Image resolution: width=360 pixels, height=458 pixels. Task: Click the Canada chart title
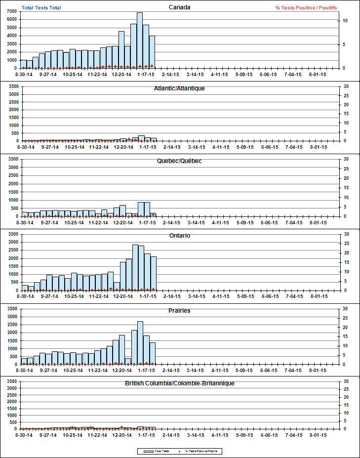point(179,7)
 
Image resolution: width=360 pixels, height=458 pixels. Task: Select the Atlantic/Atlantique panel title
point(179,88)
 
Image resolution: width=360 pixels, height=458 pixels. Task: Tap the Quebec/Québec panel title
point(179,161)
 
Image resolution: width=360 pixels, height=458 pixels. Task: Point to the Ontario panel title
point(179,236)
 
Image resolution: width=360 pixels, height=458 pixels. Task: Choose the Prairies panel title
point(179,311)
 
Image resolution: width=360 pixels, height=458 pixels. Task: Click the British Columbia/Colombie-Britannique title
point(179,383)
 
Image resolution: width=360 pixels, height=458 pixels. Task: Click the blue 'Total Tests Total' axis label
point(41,7)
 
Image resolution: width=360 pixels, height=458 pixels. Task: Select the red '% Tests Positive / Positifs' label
point(306,7)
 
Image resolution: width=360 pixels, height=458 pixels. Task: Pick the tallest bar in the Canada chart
point(140,41)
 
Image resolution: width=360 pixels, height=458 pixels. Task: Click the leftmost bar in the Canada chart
point(23,64)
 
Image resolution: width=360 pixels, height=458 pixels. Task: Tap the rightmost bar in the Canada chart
point(152,52)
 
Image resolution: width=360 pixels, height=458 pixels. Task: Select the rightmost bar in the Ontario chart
point(153,273)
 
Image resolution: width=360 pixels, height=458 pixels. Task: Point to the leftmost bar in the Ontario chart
point(25,288)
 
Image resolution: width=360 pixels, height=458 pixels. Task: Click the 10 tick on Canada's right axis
point(346,21)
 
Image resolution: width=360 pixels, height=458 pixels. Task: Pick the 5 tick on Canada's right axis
point(346,44)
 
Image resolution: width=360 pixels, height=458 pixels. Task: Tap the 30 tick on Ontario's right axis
point(346,234)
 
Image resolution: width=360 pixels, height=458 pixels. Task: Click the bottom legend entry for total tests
point(156,451)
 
